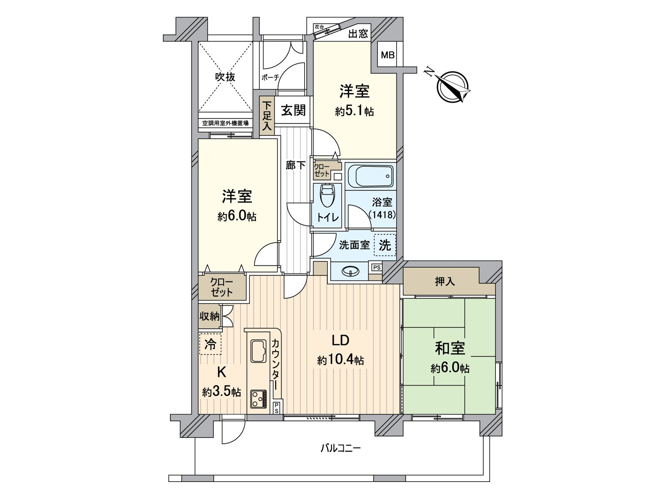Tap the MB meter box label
tap(388, 55)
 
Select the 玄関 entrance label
tap(294, 110)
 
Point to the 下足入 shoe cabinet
tap(266, 116)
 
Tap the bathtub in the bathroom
tap(370, 176)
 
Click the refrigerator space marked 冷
tap(211, 344)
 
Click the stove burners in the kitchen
tap(259, 399)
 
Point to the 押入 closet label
tap(445, 282)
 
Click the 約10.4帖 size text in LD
tap(340, 360)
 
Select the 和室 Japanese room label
tap(450, 348)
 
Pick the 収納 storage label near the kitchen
tap(209, 317)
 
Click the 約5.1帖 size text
tap(355, 111)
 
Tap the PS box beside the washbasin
tap(376, 267)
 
